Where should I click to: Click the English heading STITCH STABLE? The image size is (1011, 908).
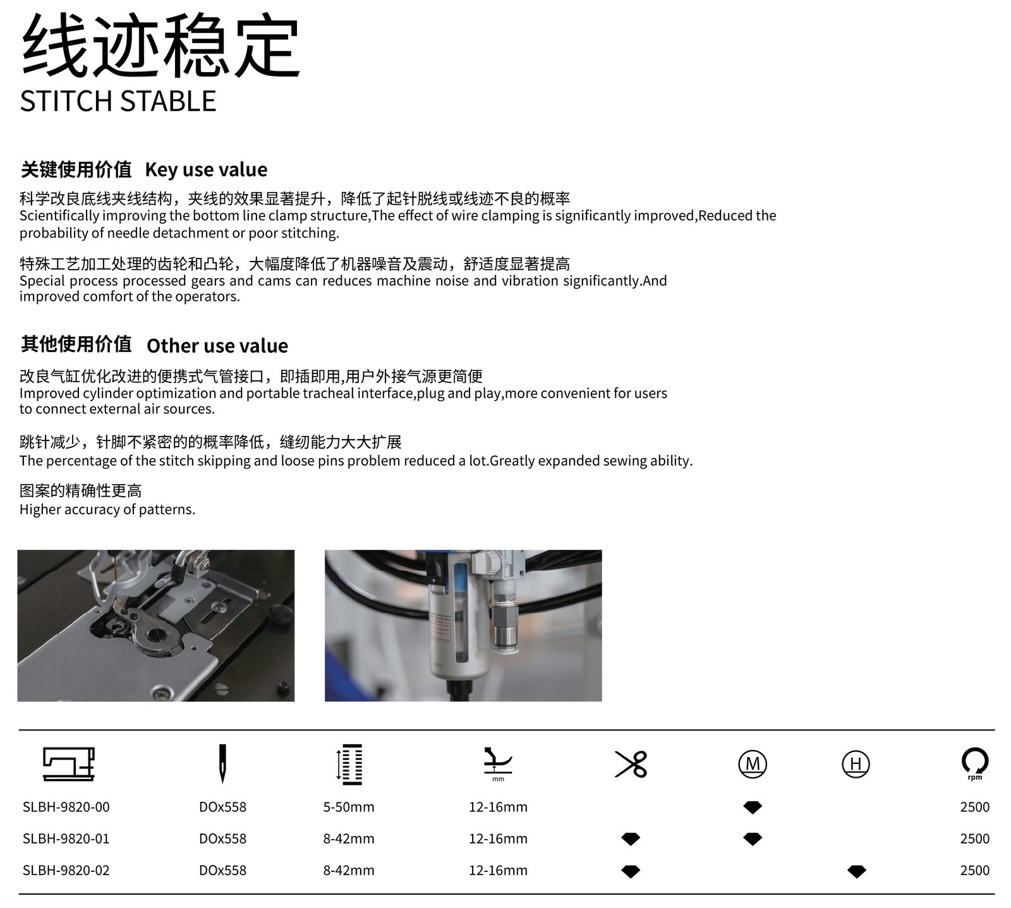point(118,101)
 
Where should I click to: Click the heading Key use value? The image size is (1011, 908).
point(206,169)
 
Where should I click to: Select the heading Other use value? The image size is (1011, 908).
point(217,346)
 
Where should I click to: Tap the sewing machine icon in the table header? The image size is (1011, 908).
point(69,763)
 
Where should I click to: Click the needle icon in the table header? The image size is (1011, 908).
point(222,765)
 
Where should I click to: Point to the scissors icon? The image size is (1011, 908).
point(631,764)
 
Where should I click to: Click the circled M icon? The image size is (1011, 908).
point(753,764)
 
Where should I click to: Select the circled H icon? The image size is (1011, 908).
point(856,764)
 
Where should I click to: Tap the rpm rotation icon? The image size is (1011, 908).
point(975,763)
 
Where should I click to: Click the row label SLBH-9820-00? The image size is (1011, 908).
point(66,807)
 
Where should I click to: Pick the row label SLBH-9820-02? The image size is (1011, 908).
point(66,870)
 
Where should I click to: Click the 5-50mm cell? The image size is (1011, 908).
point(349,807)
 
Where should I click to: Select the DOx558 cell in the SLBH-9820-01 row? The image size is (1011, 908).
point(222,838)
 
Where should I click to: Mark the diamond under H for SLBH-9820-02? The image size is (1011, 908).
point(856,871)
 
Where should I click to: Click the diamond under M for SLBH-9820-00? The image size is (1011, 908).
point(753,807)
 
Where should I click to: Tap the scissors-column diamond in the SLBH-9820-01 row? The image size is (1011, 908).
point(631,838)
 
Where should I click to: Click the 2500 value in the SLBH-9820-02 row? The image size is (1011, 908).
point(975,870)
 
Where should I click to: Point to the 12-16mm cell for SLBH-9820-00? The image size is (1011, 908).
point(498,807)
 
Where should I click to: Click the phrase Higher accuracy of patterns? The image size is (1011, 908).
point(107,509)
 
